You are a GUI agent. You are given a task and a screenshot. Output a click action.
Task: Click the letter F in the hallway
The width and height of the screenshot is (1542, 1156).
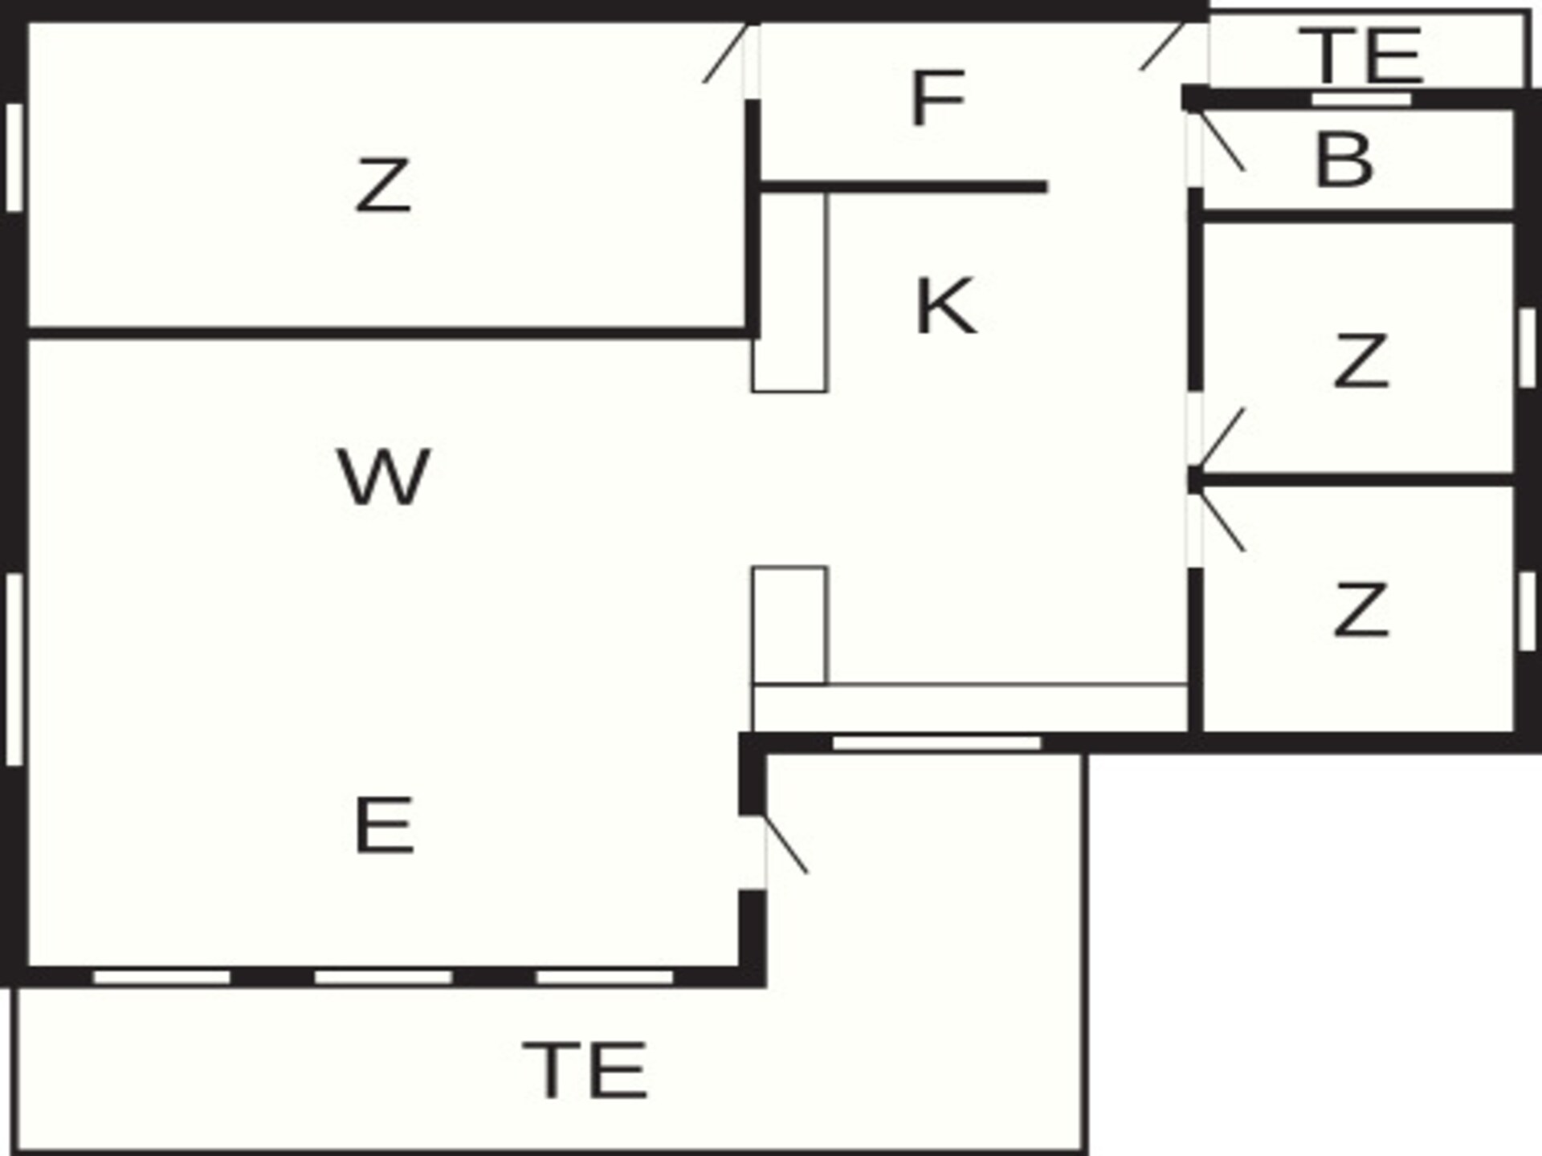(x=937, y=99)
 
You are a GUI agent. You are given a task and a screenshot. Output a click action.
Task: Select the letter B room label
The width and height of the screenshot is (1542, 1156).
(x=1344, y=160)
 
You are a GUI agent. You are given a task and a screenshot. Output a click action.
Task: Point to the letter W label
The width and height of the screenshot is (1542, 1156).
(x=383, y=477)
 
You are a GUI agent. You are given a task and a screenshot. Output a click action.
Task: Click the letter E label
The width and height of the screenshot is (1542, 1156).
(x=384, y=825)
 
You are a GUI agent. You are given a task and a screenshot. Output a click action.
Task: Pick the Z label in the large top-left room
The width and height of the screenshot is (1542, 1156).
(x=383, y=185)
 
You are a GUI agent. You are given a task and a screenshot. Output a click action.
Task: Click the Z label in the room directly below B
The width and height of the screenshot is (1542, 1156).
(x=1360, y=360)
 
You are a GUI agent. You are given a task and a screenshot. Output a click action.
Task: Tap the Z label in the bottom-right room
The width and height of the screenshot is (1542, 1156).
(x=1360, y=610)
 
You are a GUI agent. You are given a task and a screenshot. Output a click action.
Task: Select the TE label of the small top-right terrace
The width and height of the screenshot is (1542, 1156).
(x=1361, y=55)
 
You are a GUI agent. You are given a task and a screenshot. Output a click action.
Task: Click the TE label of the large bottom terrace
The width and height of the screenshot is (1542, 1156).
(x=585, y=1070)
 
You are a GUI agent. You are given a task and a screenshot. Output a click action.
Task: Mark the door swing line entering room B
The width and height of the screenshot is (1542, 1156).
(x=1220, y=141)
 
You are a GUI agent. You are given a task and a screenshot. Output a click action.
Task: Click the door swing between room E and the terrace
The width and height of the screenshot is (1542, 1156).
(x=785, y=843)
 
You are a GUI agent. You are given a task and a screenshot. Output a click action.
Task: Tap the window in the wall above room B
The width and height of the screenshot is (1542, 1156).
(x=1361, y=99)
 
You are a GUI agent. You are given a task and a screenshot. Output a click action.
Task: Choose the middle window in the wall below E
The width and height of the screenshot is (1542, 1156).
(x=383, y=977)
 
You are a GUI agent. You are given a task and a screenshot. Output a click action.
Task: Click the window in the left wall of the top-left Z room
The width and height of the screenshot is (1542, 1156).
(x=14, y=157)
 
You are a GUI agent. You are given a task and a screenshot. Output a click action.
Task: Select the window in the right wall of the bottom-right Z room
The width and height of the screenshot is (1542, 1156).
(x=1528, y=611)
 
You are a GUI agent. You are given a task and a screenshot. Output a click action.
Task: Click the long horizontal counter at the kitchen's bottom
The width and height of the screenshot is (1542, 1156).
(x=970, y=708)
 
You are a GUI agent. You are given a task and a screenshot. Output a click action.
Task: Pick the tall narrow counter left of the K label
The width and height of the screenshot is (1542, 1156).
(x=789, y=293)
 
